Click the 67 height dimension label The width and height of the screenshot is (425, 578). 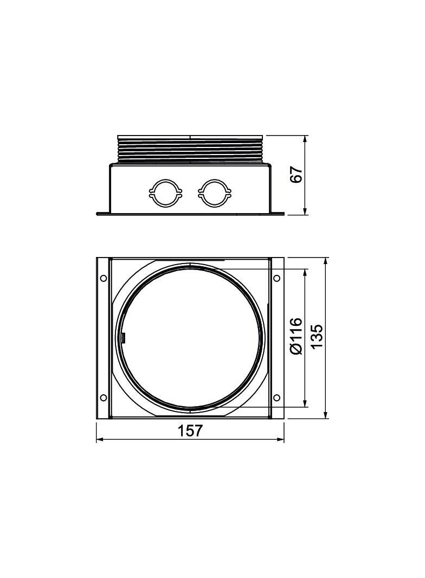point(296,175)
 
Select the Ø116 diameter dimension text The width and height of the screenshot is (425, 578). point(296,337)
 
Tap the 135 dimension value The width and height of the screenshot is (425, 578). point(316,337)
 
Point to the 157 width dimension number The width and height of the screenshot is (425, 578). point(190,431)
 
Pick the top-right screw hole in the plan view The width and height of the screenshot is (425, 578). point(276,278)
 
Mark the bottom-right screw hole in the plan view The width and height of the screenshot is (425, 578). point(276,398)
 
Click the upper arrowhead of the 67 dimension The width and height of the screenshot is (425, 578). point(306,139)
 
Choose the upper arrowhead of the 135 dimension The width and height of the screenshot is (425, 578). point(326,261)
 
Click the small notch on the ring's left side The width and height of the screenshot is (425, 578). point(123,338)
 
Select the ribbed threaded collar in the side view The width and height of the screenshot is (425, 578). point(190,150)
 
